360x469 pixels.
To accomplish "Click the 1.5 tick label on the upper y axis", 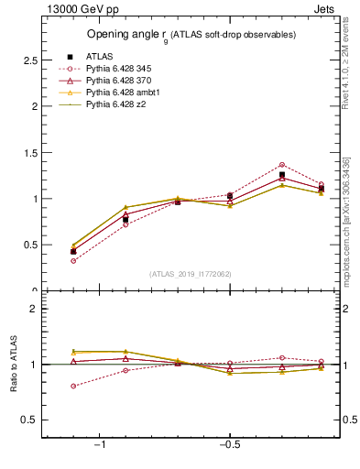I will pyautogui.click(x=26, y=152).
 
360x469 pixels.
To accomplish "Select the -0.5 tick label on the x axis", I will pyautogui.click(x=228, y=444).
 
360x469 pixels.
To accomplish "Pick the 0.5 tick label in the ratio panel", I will pyautogui.click(x=26, y=420).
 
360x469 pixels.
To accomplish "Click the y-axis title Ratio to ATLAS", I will pyautogui.click(x=13, y=365).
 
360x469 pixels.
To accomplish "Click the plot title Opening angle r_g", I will pyautogui.click(x=191, y=35).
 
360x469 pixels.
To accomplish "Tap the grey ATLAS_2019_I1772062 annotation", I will pyautogui.click(x=191, y=274).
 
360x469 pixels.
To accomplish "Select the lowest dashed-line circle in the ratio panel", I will pyautogui.click(x=73, y=386).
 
